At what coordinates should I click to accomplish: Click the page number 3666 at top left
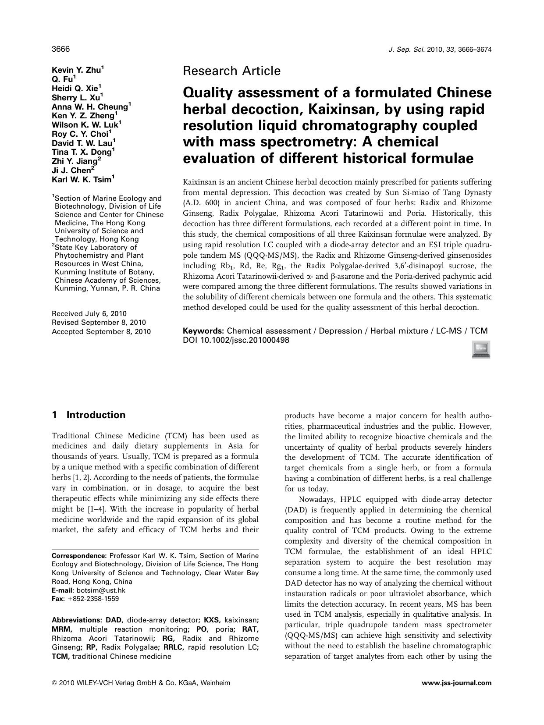[60, 49]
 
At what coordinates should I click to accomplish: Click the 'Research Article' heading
[231, 71]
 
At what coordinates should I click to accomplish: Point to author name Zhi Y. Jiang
[74, 161]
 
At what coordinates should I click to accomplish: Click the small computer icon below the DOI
[481, 350]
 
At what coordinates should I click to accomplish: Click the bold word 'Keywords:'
[203, 331]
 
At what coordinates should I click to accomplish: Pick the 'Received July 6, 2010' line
[89, 313]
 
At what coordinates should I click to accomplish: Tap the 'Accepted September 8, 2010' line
[101, 331]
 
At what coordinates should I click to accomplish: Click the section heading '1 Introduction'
[89, 415]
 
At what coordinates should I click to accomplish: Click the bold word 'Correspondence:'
[79, 556]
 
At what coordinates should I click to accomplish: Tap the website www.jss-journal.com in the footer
[456, 682]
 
